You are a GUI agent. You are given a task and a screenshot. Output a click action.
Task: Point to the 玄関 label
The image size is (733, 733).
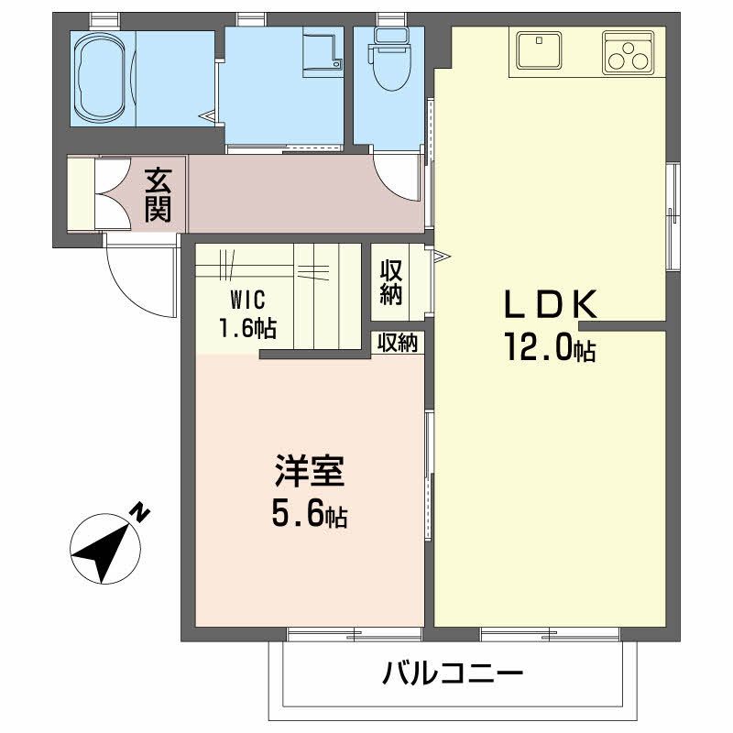pos(157,194)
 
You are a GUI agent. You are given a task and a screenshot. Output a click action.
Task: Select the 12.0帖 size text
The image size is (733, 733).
pos(547,347)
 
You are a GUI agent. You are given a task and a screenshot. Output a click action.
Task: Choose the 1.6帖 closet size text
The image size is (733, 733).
pos(246,326)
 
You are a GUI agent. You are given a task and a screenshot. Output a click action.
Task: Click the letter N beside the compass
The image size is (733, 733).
pos(139,512)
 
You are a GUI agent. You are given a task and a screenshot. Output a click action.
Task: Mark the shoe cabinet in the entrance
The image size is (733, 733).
pos(81,193)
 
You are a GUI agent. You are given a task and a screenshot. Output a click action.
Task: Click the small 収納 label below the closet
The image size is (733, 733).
pos(398,343)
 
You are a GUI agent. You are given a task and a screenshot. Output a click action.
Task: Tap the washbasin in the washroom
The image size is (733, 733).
pos(323,51)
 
